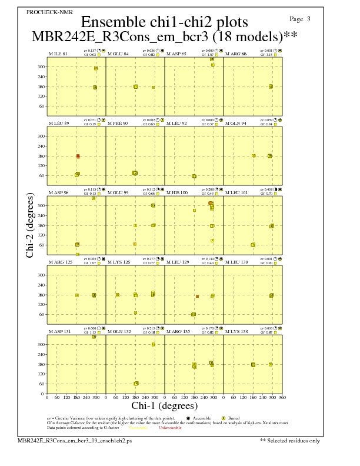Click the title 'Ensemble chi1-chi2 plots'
click(x=164, y=22)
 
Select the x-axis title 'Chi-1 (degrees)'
click(x=164, y=405)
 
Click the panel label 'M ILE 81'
click(x=58, y=54)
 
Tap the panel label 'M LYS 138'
click(x=236, y=332)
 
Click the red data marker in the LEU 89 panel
click(x=78, y=157)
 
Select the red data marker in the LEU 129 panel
click(x=197, y=296)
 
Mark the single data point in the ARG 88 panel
click(x=271, y=86)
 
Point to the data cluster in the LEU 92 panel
click(x=194, y=176)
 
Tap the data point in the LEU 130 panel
click(x=272, y=295)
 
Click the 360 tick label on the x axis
click(x=282, y=398)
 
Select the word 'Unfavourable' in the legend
click(x=170, y=428)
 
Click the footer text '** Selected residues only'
click(x=289, y=440)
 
